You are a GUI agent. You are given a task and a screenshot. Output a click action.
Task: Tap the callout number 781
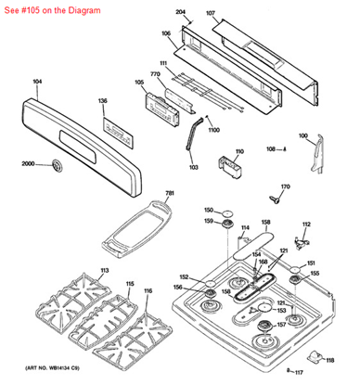(x=169, y=193)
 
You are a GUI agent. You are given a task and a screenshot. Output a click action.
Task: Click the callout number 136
(x=102, y=100)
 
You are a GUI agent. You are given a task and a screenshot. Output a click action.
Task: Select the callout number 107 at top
(x=211, y=14)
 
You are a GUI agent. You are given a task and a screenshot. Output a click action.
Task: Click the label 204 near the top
(x=181, y=13)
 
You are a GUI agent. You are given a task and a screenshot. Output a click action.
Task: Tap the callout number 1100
(x=213, y=130)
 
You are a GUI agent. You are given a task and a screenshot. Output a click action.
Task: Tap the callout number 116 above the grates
(x=148, y=291)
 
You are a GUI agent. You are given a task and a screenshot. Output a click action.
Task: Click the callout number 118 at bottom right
(x=328, y=360)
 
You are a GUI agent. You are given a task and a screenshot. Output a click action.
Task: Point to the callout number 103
(x=193, y=168)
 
